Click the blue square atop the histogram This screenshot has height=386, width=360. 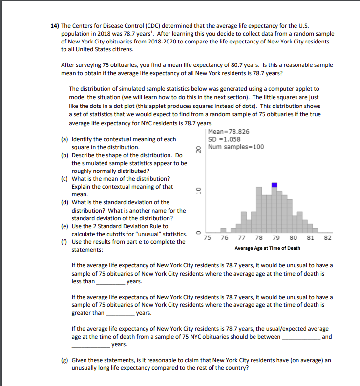275,185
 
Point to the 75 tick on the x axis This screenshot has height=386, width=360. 208,238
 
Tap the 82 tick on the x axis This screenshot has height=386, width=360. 328,238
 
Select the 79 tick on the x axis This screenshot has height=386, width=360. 275,238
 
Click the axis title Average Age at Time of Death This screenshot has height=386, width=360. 267,248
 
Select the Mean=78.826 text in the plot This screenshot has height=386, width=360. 228,132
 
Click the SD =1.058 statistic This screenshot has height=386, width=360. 224,139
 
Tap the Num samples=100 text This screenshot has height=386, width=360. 235,147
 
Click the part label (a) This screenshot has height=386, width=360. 65,139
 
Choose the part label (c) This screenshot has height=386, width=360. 65,179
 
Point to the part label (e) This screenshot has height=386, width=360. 65,226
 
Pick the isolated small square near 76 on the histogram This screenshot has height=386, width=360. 223,230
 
